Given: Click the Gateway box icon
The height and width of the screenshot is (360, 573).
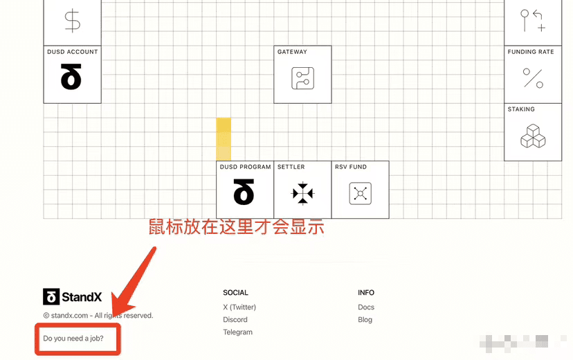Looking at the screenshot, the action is point(302,78).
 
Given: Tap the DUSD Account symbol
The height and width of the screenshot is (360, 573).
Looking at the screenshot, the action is point(71,78).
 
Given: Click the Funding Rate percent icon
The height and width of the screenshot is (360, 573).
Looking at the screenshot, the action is point(532,78).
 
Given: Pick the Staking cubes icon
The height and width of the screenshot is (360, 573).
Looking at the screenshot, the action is point(532,136).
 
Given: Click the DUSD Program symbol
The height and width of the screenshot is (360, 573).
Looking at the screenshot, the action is point(244,193).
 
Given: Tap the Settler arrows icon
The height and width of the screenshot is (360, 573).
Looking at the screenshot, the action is point(302,193).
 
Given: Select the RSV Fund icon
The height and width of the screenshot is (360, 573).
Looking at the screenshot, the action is point(360,193).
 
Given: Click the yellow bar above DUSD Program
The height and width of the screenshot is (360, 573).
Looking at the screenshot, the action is point(224,139).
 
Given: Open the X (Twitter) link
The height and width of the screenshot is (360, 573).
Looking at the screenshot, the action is point(239,307).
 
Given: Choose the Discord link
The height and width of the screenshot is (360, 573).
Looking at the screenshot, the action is point(235,320).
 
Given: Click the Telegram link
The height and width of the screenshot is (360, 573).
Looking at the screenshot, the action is point(237,332).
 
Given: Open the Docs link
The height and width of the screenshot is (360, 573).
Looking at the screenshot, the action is point(366,307).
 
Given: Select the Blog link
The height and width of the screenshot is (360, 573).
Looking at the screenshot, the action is point(365,320).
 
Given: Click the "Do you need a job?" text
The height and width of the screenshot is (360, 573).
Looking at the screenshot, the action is point(73,339).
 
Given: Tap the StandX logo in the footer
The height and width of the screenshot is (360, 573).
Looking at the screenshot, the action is point(73,297).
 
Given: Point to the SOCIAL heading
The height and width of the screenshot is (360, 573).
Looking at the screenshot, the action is point(235,293).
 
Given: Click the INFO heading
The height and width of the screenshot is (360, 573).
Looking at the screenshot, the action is point(366,293).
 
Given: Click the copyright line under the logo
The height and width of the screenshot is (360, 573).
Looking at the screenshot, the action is point(98,316).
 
